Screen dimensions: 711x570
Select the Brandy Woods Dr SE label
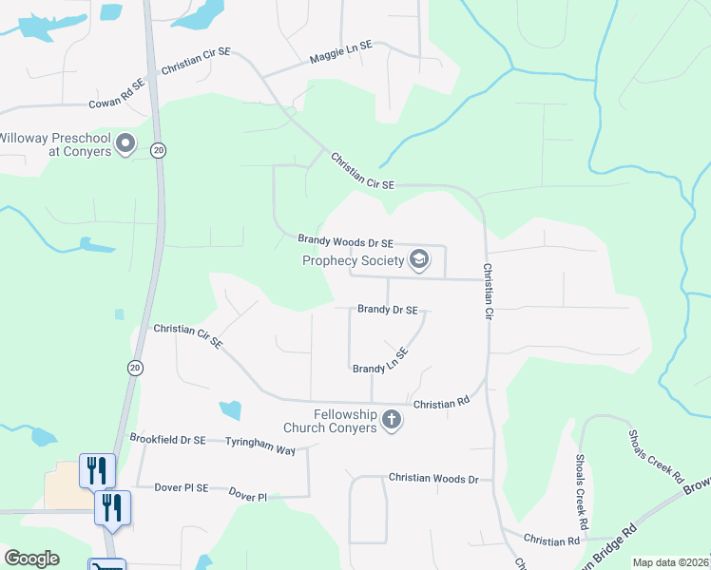pyautogui.click(x=345, y=242)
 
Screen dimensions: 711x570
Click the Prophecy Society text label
pyautogui.click(x=353, y=260)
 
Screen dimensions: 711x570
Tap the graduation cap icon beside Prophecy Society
pyautogui.click(x=418, y=259)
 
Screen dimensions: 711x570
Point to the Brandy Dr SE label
pyautogui.click(x=387, y=310)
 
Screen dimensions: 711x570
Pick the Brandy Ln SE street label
pyautogui.click(x=380, y=361)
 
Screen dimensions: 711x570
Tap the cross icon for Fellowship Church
pyautogui.click(x=391, y=420)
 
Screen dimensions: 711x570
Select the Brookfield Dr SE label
pyautogui.click(x=167, y=440)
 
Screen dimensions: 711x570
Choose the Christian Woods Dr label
pyautogui.click(x=433, y=479)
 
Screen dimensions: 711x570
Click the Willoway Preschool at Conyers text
pyautogui.click(x=55, y=143)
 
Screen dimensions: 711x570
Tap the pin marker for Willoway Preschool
pyautogui.click(x=126, y=145)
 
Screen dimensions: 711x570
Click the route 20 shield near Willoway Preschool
pyautogui.click(x=159, y=150)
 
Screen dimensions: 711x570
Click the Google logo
pyautogui.click(x=31, y=559)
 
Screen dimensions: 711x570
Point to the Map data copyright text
pyautogui.click(x=669, y=562)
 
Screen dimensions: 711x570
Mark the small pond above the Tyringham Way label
pyautogui.click(x=230, y=410)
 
